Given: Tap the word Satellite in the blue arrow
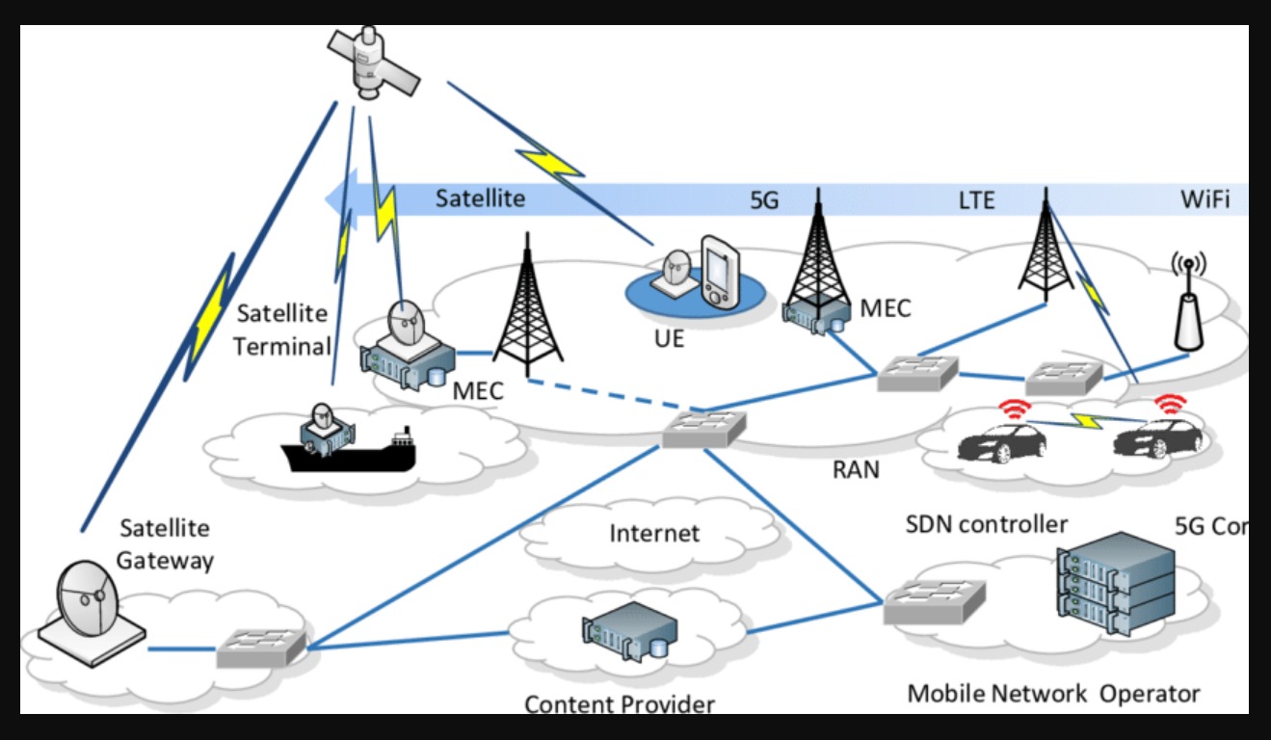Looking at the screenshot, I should [x=480, y=199].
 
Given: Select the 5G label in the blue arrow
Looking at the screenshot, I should [x=763, y=200].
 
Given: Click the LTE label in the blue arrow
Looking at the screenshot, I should [x=975, y=200].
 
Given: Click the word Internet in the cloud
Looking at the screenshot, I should [x=654, y=532].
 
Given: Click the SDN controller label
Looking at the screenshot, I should [x=986, y=524].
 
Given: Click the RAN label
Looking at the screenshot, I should [x=856, y=470].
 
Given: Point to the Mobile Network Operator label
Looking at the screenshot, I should [x=1053, y=693].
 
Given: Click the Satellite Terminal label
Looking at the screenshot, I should [x=282, y=330].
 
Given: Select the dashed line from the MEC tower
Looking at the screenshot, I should [x=597, y=395].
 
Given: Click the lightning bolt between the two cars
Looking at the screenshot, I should [x=1090, y=422].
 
